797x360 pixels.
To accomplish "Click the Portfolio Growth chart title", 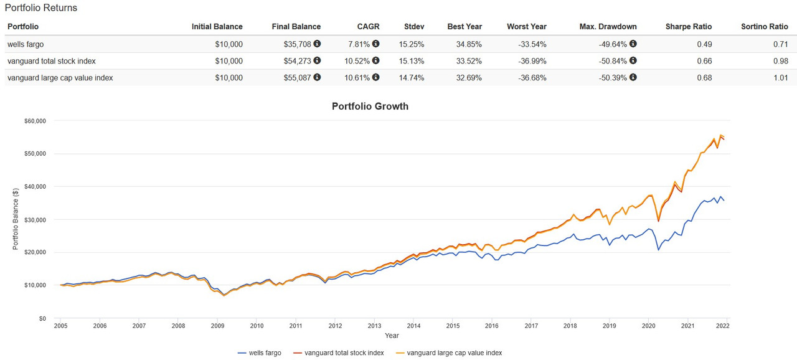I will click(370, 106).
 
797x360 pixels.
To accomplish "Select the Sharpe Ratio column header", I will click(688, 27).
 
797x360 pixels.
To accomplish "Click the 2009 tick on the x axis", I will click(217, 326).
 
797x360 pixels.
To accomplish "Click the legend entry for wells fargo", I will click(260, 353).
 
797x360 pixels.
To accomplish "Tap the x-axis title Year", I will click(392, 336).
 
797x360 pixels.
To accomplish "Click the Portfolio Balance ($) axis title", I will click(16, 219).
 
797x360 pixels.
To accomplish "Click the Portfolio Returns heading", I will click(41, 8).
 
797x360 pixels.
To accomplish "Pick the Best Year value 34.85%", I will click(465, 44).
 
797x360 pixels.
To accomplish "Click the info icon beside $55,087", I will click(317, 78).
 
